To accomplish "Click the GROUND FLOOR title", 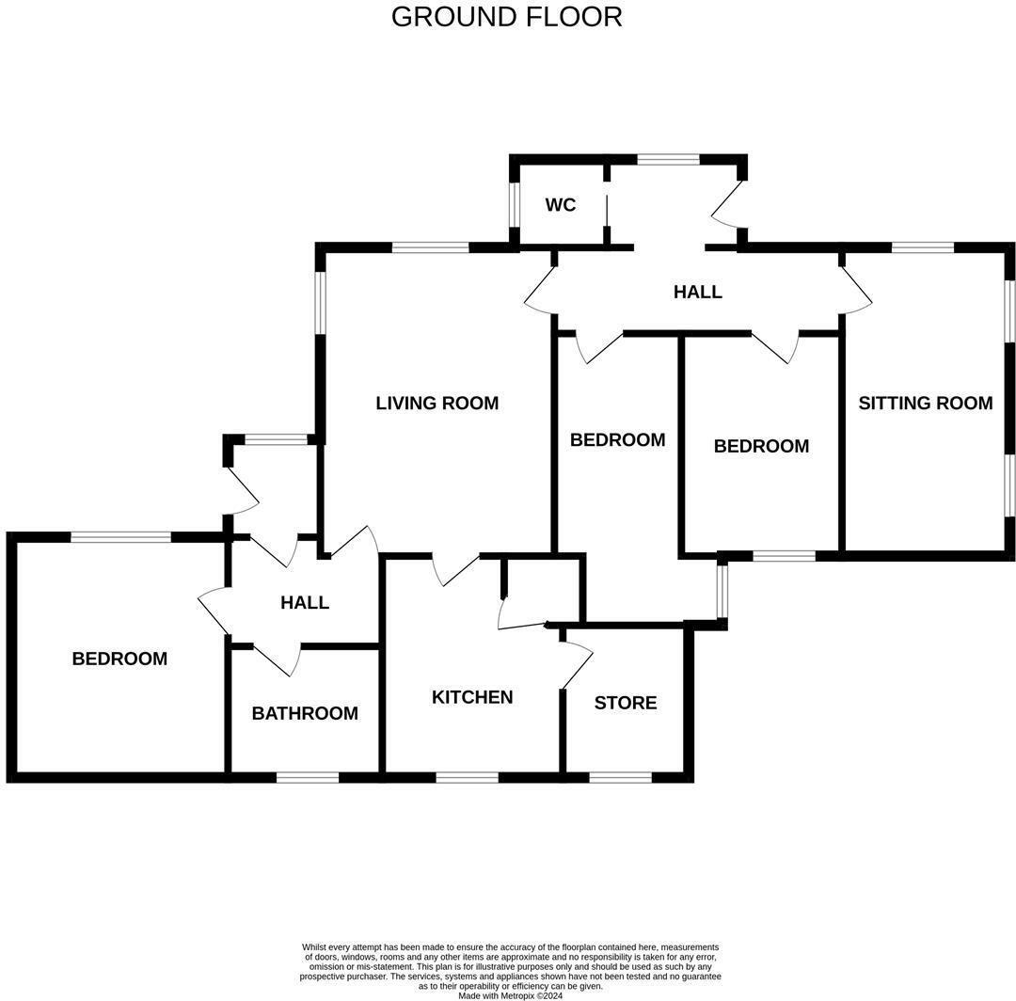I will (x=506, y=17).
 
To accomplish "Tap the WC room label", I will (x=561, y=205).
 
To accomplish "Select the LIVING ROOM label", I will (x=437, y=404).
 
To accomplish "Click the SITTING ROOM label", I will (x=925, y=404).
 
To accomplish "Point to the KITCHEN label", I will (x=472, y=697).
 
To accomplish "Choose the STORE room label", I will (x=626, y=703).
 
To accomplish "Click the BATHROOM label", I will (x=305, y=713).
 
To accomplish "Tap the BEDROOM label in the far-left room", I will (x=119, y=659).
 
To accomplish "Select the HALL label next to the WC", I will (x=697, y=292).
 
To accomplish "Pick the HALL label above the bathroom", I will (x=305, y=602).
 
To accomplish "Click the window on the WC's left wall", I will (x=515, y=204).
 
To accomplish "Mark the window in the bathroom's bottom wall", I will (x=308, y=777).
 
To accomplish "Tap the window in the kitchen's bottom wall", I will (x=467, y=777).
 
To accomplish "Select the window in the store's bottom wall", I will (x=620, y=777).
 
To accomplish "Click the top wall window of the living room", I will (x=430, y=247).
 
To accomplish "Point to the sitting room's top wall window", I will (x=922, y=247).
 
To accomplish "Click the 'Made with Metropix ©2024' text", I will (x=510, y=995).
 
